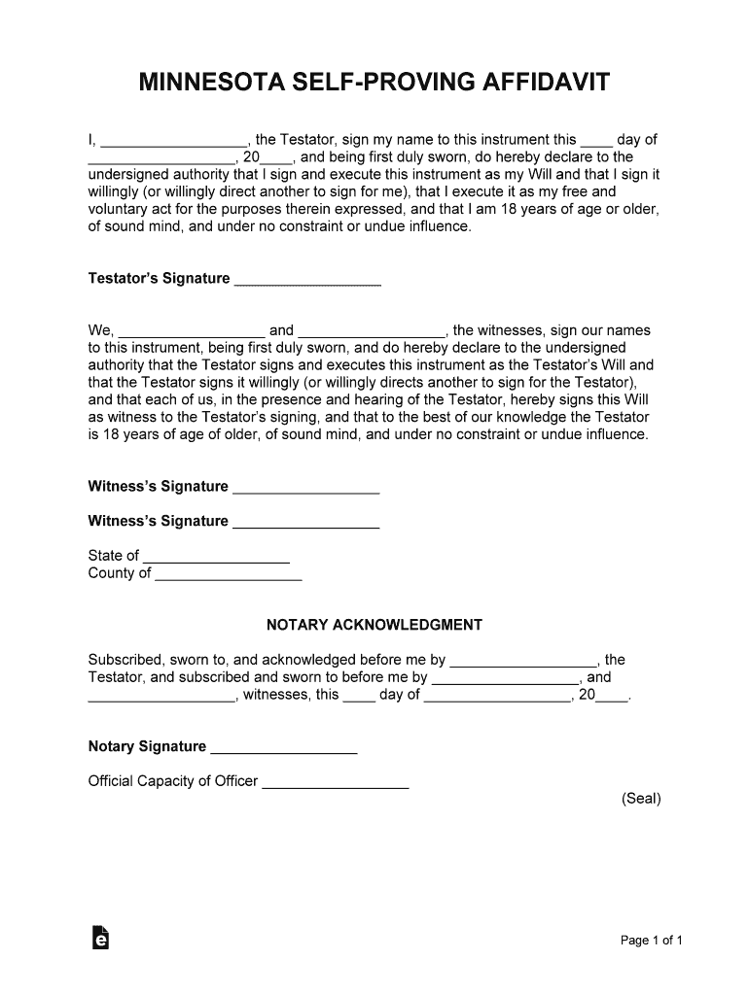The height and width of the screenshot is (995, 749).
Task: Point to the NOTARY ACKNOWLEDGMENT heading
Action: (374, 625)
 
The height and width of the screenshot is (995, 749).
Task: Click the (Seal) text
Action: (641, 799)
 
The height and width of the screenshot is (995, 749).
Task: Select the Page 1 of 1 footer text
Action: (652, 941)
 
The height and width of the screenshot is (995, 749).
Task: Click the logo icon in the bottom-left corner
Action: (99, 937)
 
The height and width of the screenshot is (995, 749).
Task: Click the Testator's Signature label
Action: (159, 279)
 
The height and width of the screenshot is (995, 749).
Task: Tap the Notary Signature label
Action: (147, 747)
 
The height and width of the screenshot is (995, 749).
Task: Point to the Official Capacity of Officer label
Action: (173, 781)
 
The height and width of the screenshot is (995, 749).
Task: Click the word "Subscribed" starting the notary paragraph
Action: (124, 660)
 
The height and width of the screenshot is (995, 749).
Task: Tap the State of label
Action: (113, 556)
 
